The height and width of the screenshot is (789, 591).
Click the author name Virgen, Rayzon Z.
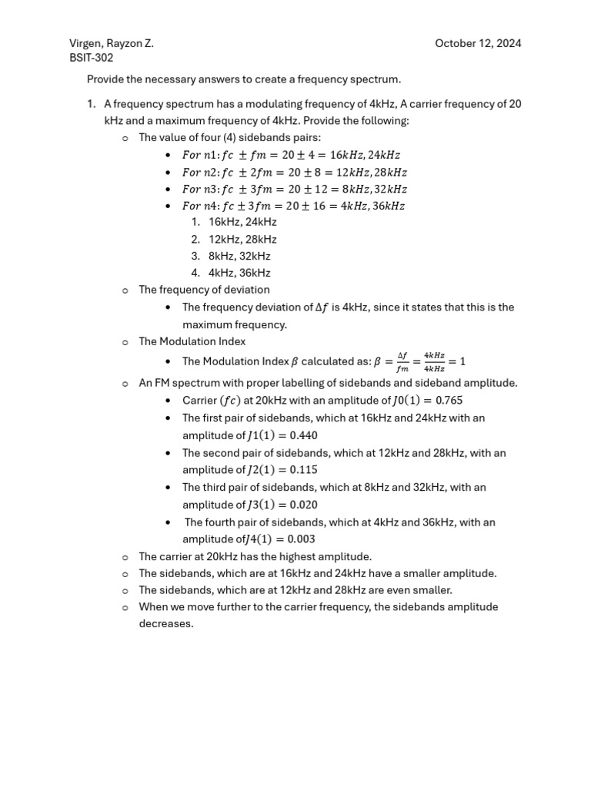112,43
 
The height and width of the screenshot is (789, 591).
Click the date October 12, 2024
478,43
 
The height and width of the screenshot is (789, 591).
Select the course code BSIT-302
92,57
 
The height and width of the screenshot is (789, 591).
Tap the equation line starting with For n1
291,155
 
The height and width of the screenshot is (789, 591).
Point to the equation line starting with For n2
294,172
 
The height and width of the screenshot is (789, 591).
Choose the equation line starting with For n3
294,189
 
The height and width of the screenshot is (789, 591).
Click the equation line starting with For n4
293,206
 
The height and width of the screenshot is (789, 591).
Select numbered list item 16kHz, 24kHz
242,222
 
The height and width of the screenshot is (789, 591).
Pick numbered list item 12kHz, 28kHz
242,239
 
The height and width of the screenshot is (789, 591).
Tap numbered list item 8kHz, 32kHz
239,256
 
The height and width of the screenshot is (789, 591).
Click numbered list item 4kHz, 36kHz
239,273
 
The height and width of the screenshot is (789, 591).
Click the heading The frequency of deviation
204,290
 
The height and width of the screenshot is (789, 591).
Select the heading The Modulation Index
192,341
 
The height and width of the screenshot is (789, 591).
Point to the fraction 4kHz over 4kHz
434,361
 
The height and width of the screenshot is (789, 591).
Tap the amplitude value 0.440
302,435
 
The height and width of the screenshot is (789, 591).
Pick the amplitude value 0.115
302,470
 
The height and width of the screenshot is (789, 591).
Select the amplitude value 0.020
302,505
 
